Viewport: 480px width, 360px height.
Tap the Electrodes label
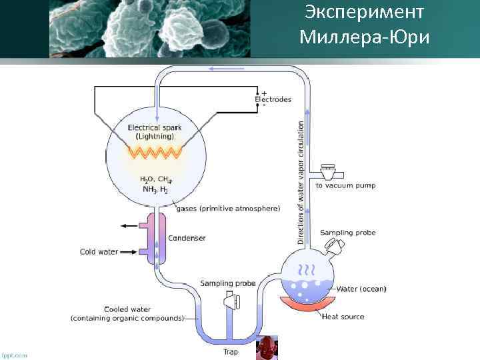coord(273,99)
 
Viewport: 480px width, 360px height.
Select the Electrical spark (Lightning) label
coord(154,131)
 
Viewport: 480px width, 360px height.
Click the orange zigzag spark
coord(155,153)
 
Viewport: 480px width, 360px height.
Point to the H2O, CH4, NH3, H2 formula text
coord(155,184)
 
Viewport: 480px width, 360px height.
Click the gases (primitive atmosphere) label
coord(228,209)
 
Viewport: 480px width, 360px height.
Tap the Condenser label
coord(187,238)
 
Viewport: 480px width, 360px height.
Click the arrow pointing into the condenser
coord(129,252)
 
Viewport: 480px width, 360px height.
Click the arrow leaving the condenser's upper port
coord(128,226)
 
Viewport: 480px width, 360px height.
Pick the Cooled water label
coord(127,313)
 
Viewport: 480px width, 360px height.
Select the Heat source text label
coord(343,317)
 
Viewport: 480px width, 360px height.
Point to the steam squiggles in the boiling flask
coord(307,270)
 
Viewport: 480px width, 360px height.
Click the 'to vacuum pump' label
coord(345,185)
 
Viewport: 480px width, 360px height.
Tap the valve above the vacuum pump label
coord(328,172)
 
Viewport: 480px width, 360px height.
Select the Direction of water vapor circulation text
coord(301,180)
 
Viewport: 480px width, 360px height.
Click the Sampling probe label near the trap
coord(227,283)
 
